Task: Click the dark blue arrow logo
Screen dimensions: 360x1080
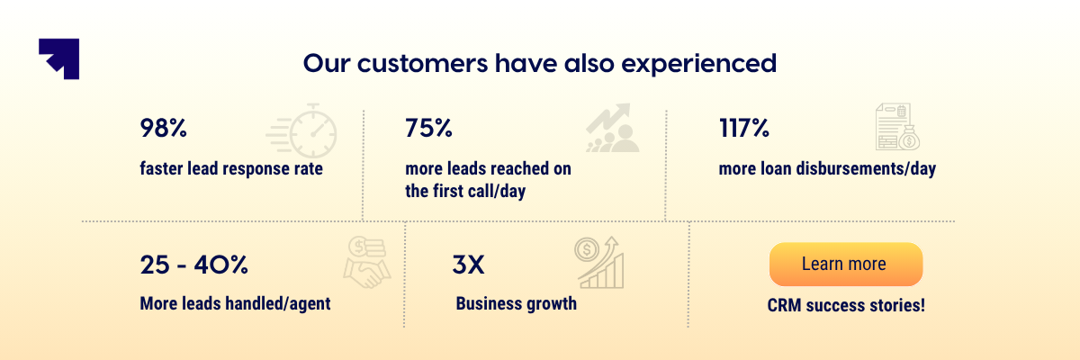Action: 59,58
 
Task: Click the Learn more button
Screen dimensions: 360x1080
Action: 845,265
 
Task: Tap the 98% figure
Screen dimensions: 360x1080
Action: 163,129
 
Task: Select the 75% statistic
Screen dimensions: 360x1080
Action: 428,129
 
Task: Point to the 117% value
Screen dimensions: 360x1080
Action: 743,129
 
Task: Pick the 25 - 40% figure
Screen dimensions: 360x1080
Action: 193,265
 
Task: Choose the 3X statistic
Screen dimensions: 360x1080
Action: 468,265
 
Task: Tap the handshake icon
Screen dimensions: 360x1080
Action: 367,263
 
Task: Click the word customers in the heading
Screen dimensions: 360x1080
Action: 404,65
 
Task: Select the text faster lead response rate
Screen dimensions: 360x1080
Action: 231,169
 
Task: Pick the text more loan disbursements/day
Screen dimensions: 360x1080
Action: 827,169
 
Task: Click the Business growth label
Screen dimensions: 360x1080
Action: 516,303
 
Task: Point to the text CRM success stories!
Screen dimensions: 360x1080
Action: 846,305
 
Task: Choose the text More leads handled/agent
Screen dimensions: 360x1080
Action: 235,303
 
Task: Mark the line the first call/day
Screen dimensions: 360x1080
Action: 465,191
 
